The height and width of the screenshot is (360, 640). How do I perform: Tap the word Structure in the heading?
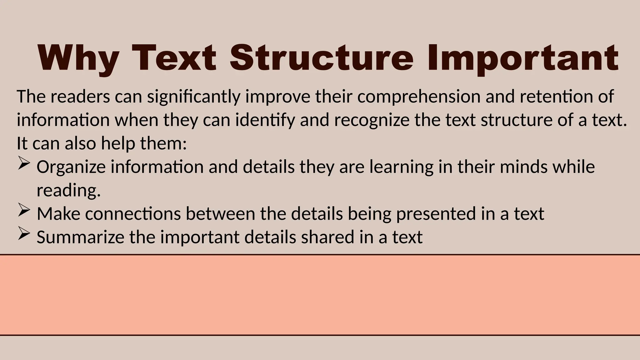click(x=322, y=58)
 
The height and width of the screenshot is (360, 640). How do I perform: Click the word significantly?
click(x=194, y=97)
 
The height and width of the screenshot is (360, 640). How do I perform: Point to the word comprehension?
click(x=419, y=97)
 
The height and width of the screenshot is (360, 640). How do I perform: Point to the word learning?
click(x=402, y=167)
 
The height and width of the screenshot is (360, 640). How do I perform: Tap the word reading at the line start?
click(x=68, y=191)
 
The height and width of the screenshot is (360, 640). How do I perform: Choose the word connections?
click(x=133, y=214)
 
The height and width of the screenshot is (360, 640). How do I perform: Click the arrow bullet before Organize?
click(x=24, y=163)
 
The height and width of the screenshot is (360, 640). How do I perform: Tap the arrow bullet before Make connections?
click(x=24, y=210)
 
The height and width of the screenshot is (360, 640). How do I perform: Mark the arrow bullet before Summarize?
click(x=24, y=234)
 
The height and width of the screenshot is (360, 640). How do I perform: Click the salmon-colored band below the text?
click(x=320, y=295)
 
